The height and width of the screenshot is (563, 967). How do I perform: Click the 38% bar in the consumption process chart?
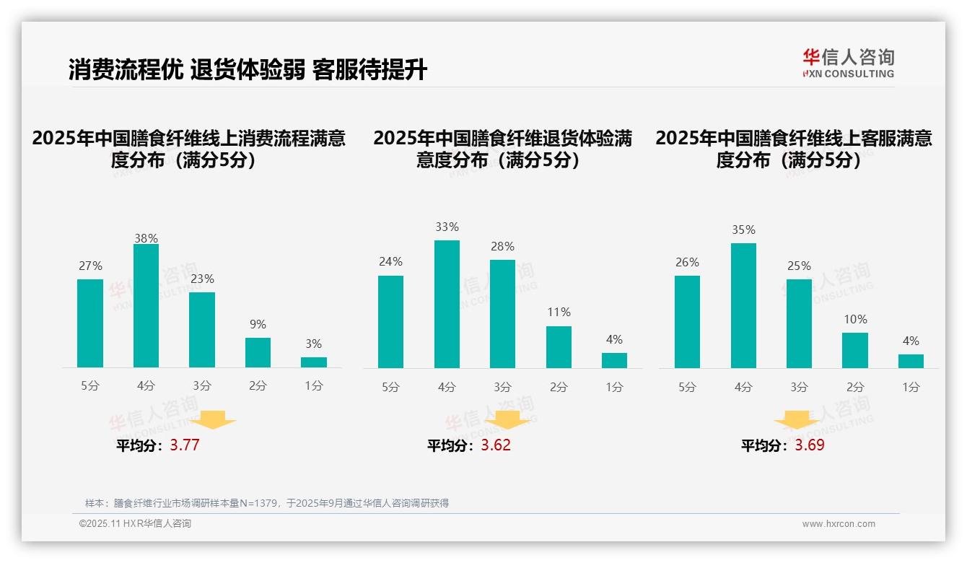click(146, 306)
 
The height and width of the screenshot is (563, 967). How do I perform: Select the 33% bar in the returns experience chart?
click(447, 304)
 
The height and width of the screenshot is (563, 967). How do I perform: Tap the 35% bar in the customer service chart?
click(743, 305)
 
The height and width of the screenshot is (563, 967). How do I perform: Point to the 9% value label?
click(258, 325)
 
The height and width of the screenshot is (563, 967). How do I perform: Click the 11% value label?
click(559, 313)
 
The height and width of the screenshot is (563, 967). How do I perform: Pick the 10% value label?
click(855, 319)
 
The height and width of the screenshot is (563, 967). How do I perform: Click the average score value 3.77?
click(185, 445)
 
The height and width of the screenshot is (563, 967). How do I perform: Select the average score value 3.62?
click(496, 445)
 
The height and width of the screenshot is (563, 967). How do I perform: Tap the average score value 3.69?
click(810, 445)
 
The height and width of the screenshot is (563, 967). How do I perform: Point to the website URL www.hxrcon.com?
click(839, 524)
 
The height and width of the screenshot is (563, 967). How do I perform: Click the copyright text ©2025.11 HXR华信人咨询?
click(135, 524)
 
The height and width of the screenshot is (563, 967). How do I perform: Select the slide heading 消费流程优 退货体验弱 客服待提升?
click(248, 70)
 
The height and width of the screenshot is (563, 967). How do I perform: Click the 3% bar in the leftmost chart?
click(314, 362)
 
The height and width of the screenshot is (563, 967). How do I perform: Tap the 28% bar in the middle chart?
click(502, 314)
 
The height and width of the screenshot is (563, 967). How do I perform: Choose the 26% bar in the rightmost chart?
click(687, 322)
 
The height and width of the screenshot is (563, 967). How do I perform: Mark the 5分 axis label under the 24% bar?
click(390, 387)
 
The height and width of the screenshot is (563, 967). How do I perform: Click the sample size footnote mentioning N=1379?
click(267, 503)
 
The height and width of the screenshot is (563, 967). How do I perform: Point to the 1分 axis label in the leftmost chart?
click(314, 386)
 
